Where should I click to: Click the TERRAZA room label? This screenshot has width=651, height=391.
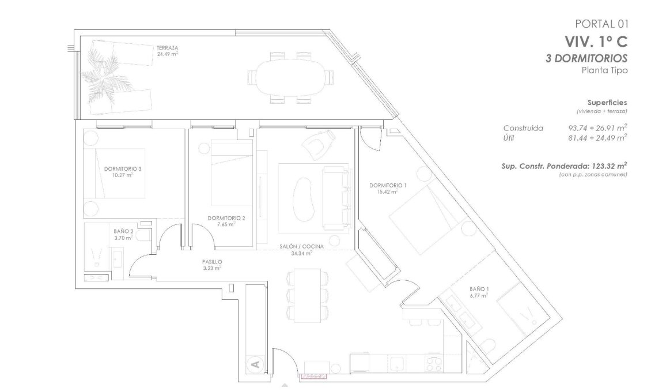pyautogui.click(x=166, y=47)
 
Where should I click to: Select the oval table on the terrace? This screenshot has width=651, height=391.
pyautogui.click(x=290, y=78)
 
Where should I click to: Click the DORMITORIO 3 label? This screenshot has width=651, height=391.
pyautogui.click(x=123, y=169)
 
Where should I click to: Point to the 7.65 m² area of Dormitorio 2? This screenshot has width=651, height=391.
pyautogui.click(x=227, y=224)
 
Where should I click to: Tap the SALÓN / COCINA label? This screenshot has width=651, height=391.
pyautogui.click(x=301, y=246)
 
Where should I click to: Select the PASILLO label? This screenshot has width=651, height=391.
pyautogui.click(x=212, y=262)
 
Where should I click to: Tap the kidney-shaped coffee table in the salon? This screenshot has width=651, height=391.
pyautogui.click(x=303, y=197)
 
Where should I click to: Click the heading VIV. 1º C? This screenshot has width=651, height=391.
pyautogui.click(x=596, y=42)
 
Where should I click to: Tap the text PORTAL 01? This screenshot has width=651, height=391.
pyautogui.click(x=601, y=24)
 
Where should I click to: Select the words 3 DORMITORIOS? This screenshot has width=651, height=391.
pyautogui.click(x=586, y=58)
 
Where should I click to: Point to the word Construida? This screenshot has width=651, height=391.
pyautogui.click(x=523, y=128)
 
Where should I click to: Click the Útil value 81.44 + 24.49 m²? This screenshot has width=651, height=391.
pyautogui.click(x=597, y=138)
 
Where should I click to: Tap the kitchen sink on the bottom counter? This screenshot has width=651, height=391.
pyautogui.click(x=397, y=363)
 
